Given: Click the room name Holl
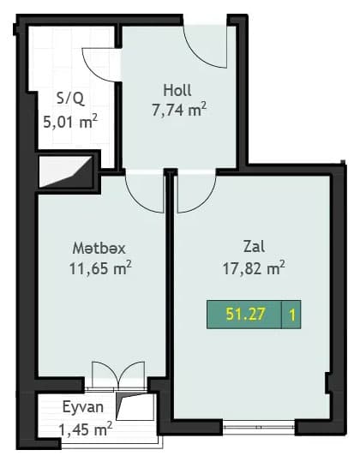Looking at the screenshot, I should click(177, 89).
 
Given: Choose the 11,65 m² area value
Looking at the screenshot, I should click(99, 267).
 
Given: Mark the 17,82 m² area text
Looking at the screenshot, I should click(253, 267).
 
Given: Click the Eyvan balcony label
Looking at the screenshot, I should click(82, 408).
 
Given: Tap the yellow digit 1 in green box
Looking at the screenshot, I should click(292, 315).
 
